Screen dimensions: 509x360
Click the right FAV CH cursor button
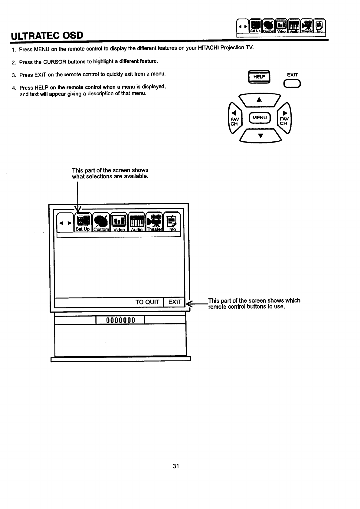coord(284,118)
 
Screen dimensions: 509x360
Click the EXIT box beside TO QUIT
coord(175,302)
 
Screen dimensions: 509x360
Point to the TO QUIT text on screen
coord(147,302)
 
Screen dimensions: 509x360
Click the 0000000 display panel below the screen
coord(120,320)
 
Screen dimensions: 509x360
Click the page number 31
coord(176,466)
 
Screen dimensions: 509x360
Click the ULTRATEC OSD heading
coord(47,36)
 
